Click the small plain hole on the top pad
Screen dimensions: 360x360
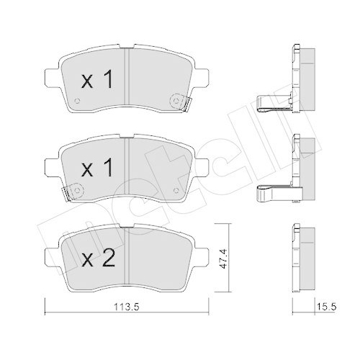pos(78,99)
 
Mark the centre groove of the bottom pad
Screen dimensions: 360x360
pos(127,252)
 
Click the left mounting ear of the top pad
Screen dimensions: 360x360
pos(50,73)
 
